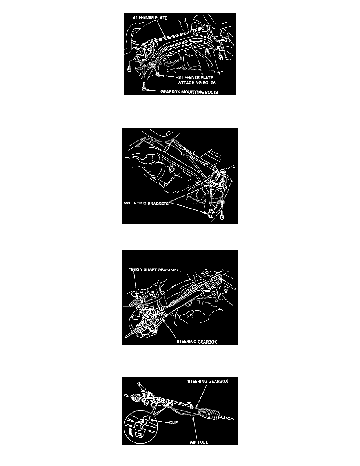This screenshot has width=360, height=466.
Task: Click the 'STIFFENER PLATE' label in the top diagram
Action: [x=150, y=18]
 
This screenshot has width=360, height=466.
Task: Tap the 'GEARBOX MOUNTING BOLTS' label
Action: [x=189, y=92]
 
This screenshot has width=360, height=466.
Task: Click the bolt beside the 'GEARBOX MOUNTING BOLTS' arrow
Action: [x=144, y=88]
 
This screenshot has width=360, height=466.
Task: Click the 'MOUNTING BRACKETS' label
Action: [x=145, y=204]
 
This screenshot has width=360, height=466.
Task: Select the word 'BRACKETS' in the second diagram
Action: [x=158, y=204]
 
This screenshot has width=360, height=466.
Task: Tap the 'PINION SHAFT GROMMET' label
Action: [x=154, y=270]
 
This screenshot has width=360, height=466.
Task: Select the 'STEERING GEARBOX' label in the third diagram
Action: [x=196, y=342]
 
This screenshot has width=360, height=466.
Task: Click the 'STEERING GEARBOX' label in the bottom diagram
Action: [x=207, y=381]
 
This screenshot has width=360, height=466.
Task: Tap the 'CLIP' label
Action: [x=173, y=422]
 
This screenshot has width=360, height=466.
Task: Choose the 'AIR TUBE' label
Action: [x=199, y=442]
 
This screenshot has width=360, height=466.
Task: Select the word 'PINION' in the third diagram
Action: [x=135, y=270]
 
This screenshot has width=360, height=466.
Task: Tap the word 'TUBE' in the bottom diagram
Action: [x=203, y=442]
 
